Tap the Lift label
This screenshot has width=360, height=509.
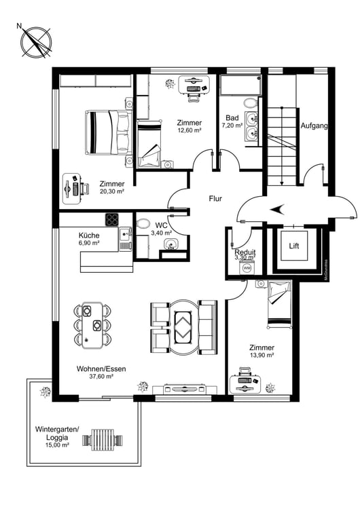point(294,246)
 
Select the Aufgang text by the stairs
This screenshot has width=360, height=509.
point(314,126)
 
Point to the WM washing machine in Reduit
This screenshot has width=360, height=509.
point(246,268)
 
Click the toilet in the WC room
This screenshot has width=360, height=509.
point(144,224)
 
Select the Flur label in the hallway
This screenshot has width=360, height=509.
point(216,199)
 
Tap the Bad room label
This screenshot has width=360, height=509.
point(232,118)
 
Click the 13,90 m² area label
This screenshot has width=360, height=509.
point(261,355)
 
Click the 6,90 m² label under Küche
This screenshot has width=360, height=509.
point(88,242)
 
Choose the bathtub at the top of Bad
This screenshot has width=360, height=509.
point(241,86)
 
